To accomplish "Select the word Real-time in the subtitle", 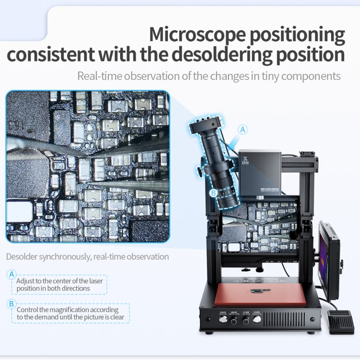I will point(99,76).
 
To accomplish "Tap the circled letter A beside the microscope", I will point(243,130).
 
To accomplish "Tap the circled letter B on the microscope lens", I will point(214,193).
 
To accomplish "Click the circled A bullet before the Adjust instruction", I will point(12,274).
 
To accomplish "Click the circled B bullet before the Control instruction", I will point(12,303).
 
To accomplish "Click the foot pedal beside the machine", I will point(340,322).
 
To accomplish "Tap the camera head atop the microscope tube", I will point(205,126).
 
